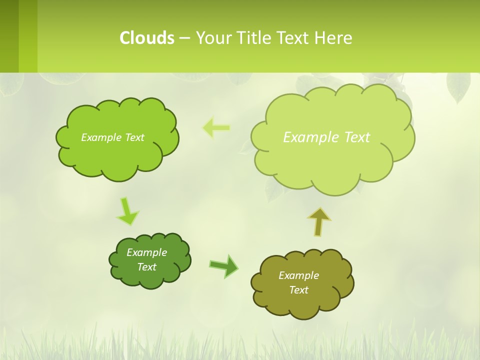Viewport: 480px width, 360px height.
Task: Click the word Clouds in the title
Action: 147,37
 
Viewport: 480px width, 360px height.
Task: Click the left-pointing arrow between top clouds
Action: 216,128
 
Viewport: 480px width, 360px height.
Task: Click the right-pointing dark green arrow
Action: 224,265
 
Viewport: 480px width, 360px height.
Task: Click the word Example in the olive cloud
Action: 298,275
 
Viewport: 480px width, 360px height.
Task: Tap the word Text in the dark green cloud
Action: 146,267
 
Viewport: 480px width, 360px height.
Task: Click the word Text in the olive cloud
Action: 298,290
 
